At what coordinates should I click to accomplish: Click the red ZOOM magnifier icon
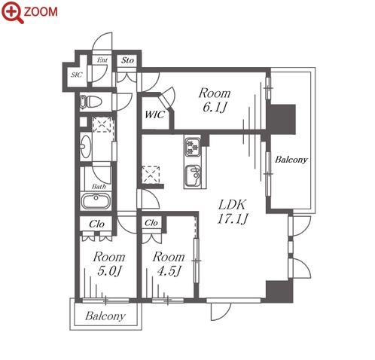pyautogui.click(x=13, y=13)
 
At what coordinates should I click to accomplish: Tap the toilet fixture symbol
pyautogui.click(x=90, y=102)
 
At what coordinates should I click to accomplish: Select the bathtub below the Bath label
pyautogui.click(x=96, y=201)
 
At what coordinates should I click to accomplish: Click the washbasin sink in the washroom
pyautogui.click(x=86, y=146)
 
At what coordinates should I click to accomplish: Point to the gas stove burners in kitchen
pyautogui.click(x=193, y=148)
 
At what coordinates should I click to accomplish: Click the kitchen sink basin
pyautogui.click(x=193, y=175)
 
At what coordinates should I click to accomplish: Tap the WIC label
pyautogui.click(x=154, y=114)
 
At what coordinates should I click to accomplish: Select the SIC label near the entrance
pyautogui.click(x=77, y=75)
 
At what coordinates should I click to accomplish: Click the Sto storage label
pyautogui.click(x=127, y=60)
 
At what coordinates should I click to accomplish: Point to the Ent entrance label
pyautogui.click(x=102, y=60)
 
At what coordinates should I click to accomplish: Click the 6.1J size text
pyautogui.click(x=215, y=108)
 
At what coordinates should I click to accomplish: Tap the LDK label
pyautogui.click(x=232, y=205)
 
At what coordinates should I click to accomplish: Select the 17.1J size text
pyautogui.click(x=233, y=218)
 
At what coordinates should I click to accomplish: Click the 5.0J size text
pyautogui.click(x=109, y=271)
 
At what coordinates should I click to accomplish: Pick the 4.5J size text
pyautogui.click(x=169, y=271)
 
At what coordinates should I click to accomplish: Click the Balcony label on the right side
pyautogui.click(x=291, y=160)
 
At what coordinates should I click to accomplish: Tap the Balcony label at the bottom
pyautogui.click(x=105, y=316)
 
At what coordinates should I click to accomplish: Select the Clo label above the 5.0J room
pyautogui.click(x=96, y=224)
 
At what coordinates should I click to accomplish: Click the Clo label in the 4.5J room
pyautogui.click(x=151, y=223)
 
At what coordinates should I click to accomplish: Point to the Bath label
pyautogui.click(x=99, y=187)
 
